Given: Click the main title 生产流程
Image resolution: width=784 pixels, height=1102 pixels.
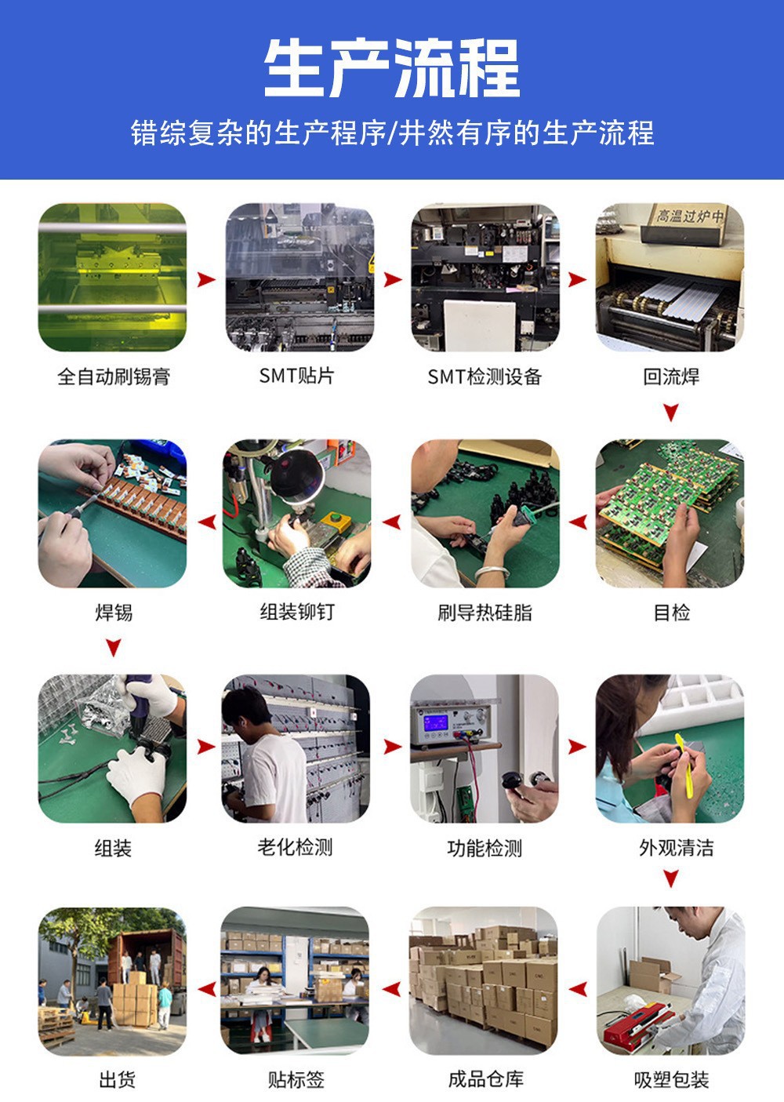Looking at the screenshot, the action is pyautogui.click(x=392, y=68).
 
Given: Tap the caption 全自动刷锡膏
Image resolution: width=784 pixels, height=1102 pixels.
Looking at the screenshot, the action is pyautogui.click(x=114, y=376).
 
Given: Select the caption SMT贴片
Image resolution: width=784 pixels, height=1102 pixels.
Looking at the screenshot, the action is pyautogui.click(x=296, y=376).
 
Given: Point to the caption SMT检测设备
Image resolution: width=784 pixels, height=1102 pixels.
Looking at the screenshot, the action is pyautogui.click(x=485, y=376).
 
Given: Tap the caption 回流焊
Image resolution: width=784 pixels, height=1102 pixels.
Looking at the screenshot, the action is pyautogui.click(x=671, y=376).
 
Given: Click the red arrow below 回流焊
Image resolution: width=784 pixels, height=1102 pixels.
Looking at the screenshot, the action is pyautogui.click(x=671, y=413).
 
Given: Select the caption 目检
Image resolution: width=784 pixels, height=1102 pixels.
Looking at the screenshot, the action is pyautogui.click(x=671, y=613).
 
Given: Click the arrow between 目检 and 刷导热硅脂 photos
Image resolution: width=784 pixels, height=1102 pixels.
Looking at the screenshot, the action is pyautogui.click(x=578, y=522).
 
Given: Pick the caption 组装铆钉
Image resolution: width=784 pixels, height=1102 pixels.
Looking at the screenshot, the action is pyautogui.click(x=297, y=613).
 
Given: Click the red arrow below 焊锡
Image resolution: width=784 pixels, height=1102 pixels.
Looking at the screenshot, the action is pyautogui.click(x=114, y=647).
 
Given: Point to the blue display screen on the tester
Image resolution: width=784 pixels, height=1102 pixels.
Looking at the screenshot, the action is pyautogui.click(x=436, y=722).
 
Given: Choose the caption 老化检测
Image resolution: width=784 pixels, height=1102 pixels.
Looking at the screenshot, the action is pyautogui.click(x=295, y=848).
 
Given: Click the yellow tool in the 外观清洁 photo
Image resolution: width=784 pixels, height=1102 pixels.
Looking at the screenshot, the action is pyautogui.click(x=684, y=766).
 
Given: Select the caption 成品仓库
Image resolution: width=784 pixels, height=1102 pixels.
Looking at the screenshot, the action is pyautogui.click(x=485, y=1083).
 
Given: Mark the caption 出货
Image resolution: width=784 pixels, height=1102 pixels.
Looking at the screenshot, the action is pyautogui.click(x=117, y=1084).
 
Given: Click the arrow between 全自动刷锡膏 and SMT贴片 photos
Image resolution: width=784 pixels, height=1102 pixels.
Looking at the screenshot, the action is pyautogui.click(x=206, y=279).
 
